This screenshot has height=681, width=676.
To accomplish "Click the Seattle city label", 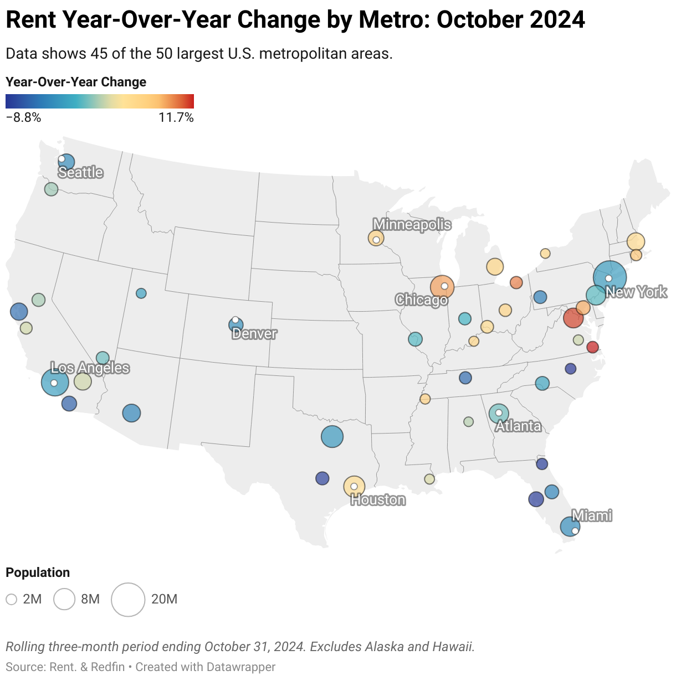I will click(81, 172).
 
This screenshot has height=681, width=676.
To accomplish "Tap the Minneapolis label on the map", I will click(412, 224).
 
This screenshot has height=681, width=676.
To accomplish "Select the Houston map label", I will click(378, 500).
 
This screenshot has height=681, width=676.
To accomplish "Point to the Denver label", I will click(254, 333).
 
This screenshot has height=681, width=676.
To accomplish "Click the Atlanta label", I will click(518, 426).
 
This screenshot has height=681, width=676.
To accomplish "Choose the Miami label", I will click(592, 515).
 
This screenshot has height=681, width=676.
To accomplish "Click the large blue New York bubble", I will click(610, 277).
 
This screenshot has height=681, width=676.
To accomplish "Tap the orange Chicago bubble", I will click(442, 287).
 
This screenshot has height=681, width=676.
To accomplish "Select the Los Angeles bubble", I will click(55, 382).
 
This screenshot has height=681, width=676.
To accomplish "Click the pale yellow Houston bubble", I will click(354, 486).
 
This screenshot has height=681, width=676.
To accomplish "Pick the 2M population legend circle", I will click(12, 599).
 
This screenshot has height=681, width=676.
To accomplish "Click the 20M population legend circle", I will click(128, 599).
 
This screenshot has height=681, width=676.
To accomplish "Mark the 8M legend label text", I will click(90, 599).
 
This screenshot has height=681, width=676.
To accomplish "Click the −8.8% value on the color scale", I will click(23, 117).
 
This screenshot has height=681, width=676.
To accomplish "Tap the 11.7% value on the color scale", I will click(176, 117).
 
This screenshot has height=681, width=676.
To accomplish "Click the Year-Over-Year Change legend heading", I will click(76, 82).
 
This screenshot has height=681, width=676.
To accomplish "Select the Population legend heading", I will click(38, 572).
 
